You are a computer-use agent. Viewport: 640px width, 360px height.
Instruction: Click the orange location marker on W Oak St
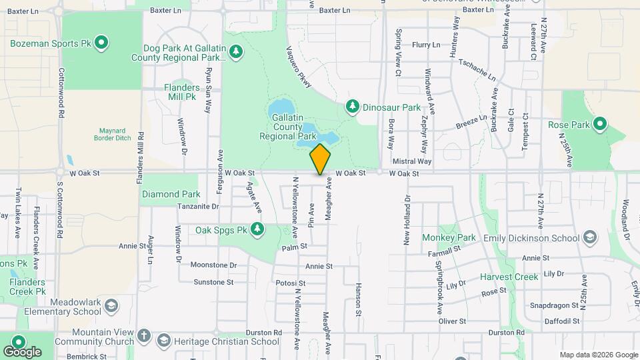pyautogui.click(x=321, y=159)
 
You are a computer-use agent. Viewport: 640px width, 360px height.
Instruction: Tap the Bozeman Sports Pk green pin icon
pyautogui.click(x=101, y=44)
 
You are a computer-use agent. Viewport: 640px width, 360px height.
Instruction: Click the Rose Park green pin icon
pyautogui.click(x=599, y=124)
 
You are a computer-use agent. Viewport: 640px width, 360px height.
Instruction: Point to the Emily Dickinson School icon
pyautogui.click(x=589, y=238)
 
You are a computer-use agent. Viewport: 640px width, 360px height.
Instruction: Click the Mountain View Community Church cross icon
pyautogui.click(x=145, y=337)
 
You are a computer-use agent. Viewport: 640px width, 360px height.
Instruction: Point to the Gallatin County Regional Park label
pyautogui.click(x=289, y=127)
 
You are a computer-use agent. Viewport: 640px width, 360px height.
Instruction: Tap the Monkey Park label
pyautogui.click(x=449, y=237)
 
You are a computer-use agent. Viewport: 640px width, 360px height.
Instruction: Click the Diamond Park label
pyautogui.click(x=171, y=195)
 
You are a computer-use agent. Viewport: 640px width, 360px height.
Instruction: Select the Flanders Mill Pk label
pyautogui.click(x=181, y=92)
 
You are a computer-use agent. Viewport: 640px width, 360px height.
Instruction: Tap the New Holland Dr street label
pyautogui.click(x=406, y=220)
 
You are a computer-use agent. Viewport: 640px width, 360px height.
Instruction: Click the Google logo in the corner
pyautogui.click(x=22, y=351)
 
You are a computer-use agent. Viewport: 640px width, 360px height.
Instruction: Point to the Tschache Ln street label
pyautogui.click(x=477, y=70)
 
